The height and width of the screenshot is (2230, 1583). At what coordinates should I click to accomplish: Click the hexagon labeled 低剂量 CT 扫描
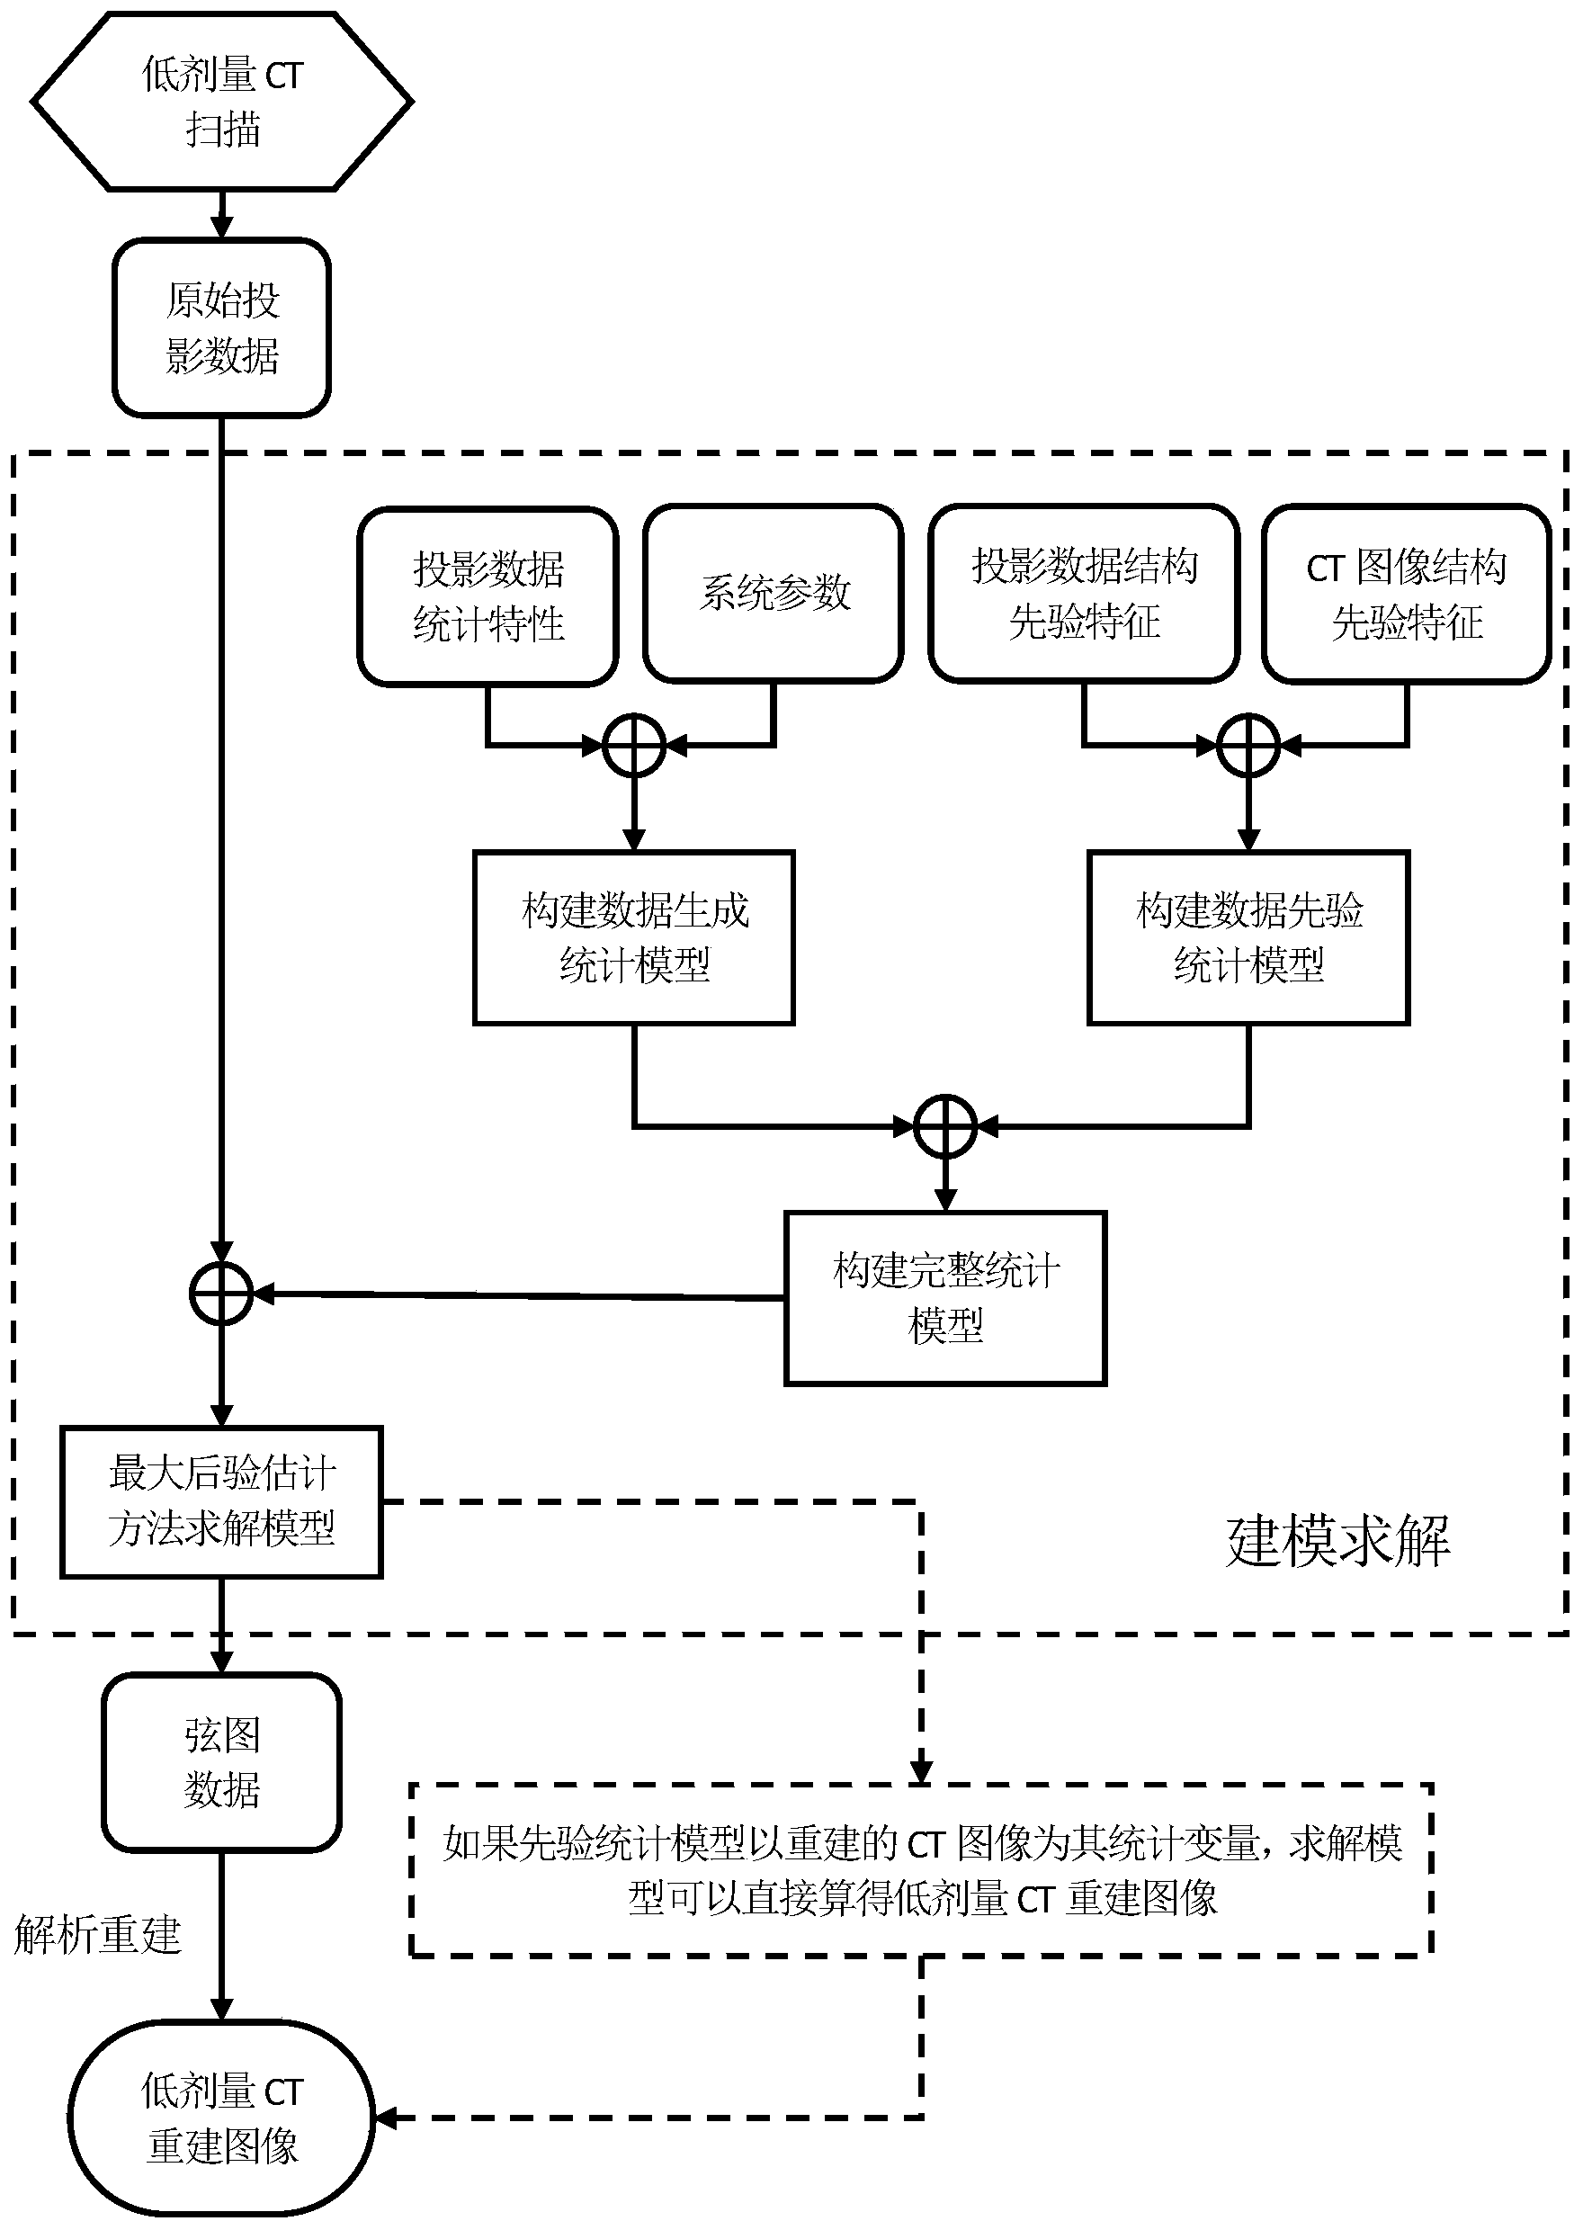point(222,102)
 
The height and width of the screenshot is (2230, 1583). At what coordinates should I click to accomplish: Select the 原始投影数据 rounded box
point(222,327)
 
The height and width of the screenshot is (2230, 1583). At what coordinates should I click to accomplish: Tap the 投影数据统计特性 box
point(487,596)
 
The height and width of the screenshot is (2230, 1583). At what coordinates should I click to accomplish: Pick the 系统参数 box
point(773,594)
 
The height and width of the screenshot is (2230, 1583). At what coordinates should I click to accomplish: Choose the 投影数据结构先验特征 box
point(1084,594)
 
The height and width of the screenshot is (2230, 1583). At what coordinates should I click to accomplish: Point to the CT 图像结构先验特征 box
point(1407,594)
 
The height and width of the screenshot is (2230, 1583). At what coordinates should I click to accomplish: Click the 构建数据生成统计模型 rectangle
point(633,937)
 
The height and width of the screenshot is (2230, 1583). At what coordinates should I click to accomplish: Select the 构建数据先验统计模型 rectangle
point(1248,937)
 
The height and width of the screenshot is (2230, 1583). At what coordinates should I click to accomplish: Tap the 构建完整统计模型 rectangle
point(945,1297)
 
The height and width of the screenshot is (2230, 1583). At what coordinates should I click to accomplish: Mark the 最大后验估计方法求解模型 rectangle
point(221,1501)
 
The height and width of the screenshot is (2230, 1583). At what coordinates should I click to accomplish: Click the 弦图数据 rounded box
point(221,1762)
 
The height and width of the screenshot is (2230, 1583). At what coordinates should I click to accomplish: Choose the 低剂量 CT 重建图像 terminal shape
point(221,2118)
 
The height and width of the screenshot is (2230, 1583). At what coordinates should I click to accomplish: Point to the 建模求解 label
point(1337,1541)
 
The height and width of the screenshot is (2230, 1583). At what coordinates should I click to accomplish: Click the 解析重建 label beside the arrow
point(97,1935)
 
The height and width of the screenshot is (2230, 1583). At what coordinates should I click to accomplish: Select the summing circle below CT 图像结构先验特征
point(1248,746)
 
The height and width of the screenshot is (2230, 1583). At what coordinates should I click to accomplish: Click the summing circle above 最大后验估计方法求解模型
point(221,1294)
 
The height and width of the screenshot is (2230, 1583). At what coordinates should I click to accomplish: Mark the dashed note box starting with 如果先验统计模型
point(921,1869)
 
